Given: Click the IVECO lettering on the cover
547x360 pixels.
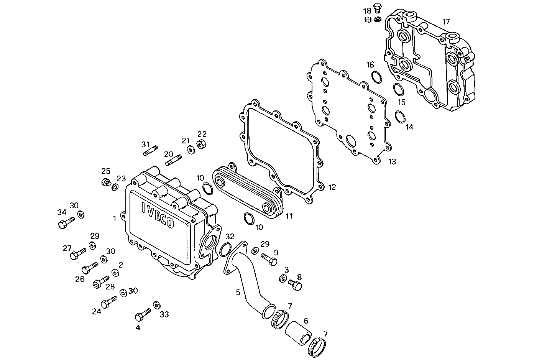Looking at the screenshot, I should coord(158,214).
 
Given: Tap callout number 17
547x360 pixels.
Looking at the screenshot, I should coord(446,22).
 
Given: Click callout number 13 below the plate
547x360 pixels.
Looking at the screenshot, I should coord(392,161).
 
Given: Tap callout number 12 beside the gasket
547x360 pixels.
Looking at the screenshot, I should coord(332,187).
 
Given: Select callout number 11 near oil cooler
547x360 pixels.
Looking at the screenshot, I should coord(289,216).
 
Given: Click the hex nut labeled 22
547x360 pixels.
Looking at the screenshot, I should coord(200,145).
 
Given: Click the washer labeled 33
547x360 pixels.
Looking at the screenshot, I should coord(156,305).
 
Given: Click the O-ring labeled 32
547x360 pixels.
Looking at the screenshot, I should coord(226,250).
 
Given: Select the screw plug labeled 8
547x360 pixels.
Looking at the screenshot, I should coord(296,285).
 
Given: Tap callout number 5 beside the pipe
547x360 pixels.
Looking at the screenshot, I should coord(238,293).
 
